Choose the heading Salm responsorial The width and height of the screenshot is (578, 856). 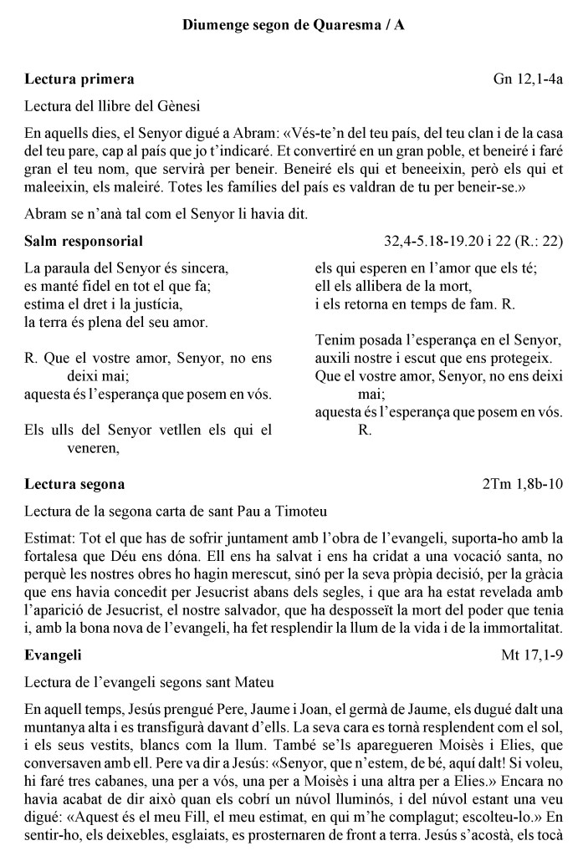(84, 242)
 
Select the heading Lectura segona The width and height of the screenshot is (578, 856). (75, 484)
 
